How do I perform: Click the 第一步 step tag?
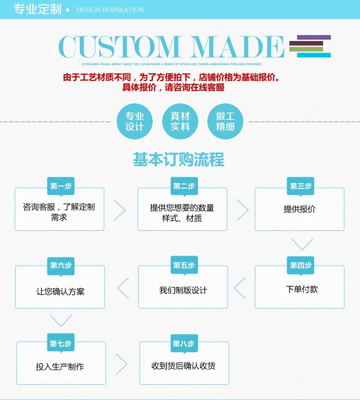61,186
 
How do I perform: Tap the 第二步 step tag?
184,186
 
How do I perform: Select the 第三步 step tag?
301,186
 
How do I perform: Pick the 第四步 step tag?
301,265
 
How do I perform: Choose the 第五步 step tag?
184,265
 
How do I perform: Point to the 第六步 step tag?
61,265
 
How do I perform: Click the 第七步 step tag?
61,344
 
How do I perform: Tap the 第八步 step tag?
184,344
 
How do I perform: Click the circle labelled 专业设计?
134,122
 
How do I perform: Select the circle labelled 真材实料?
180,122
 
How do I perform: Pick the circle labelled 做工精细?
225,122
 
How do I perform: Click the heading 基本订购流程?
179,160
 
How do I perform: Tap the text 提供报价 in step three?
299,209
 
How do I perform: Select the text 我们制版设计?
183,290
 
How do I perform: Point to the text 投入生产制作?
60,367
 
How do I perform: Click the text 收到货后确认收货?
184,366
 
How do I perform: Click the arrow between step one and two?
119,210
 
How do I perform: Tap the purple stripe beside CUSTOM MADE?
314,37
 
